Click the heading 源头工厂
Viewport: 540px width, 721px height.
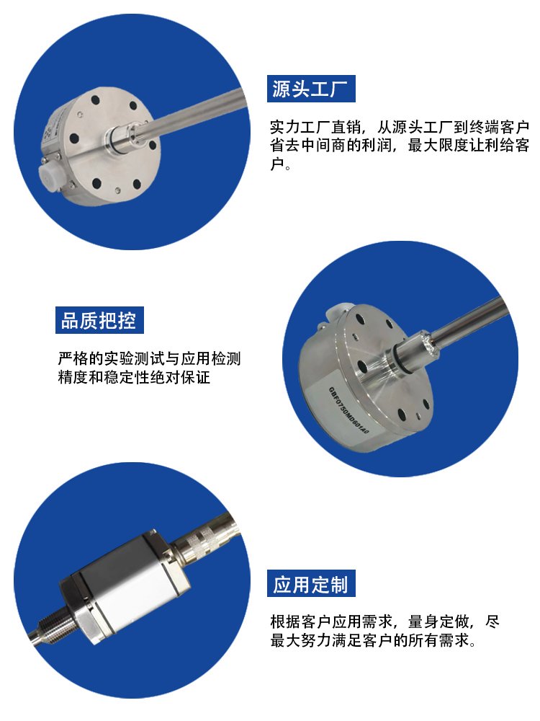[x=311, y=89]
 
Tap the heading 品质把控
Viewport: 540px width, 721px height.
[x=99, y=320]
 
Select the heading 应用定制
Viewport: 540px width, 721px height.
[x=311, y=584]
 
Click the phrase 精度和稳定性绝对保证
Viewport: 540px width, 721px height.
[x=134, y=377]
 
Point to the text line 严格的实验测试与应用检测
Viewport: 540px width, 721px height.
[x=149, y=358]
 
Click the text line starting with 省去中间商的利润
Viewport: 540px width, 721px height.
[x=400, y=146]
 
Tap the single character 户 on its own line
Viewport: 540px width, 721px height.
[x=277, y=164]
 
